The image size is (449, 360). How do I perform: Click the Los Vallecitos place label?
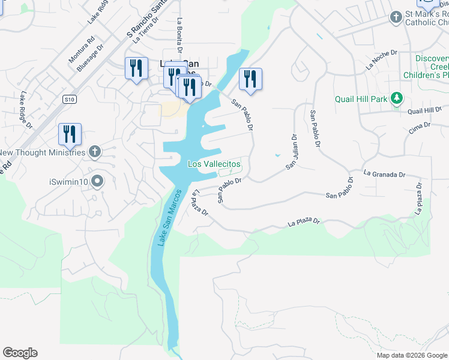click(x=214, y=164)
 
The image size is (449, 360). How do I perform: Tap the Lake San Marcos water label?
click(x=169, y=217)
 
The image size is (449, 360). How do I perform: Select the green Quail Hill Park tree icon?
click(x=396, y=98)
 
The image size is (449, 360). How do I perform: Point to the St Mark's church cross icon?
click(x=396, y=17)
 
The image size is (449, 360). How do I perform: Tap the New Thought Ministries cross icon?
click(x=95, y=152)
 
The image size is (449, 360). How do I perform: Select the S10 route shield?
click(x=70, y=99)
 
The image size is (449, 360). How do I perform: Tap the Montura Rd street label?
click(x=82, y=51)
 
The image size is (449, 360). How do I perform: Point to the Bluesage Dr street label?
click(x=91, y=57)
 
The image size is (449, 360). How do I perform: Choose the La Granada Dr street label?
click(x=384, y=174)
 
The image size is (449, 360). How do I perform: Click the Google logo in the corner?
click(x=20, y=353)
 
